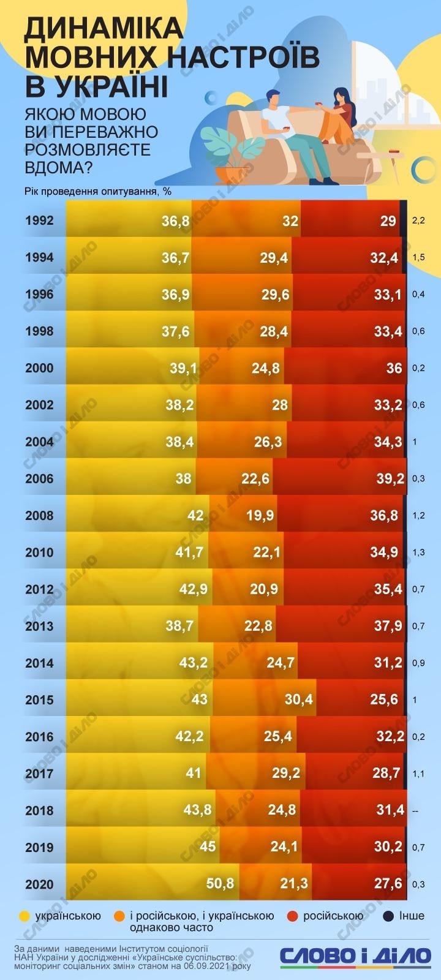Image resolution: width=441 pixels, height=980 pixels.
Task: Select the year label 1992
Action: [x=40, y=221]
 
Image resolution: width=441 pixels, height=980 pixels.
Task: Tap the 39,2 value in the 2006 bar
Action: [x=390, y=478]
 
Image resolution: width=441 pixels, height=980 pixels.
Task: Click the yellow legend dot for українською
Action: [x=24, y=916]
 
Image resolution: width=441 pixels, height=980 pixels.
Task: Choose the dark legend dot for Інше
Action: [x=388, y=916]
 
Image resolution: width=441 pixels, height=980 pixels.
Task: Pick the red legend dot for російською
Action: [x=292, y=916]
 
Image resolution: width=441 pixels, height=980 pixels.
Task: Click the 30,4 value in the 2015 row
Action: [x=298, y=699]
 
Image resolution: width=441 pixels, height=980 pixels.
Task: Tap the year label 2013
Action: [x=40, y=626]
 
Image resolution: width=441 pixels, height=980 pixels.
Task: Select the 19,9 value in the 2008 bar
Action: [x=260, y=515]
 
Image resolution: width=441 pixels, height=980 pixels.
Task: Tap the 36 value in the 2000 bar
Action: [x=394, y=368]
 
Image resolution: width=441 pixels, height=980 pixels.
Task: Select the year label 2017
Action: [x=40, y=774]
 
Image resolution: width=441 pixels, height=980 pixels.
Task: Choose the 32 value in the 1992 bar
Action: [x=290, y=221]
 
